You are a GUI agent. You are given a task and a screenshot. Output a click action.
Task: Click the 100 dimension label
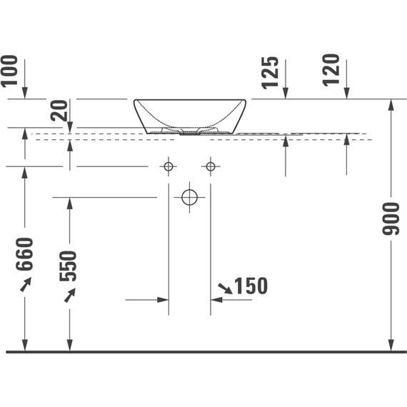9,72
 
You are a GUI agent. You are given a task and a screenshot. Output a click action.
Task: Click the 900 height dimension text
391,218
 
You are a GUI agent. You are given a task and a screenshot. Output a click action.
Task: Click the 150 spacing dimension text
250,286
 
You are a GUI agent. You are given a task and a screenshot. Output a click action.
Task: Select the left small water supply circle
169,166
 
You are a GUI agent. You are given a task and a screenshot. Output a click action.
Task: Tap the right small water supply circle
210,166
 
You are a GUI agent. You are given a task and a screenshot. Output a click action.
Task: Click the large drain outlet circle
189,196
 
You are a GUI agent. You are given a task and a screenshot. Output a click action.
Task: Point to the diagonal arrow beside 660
25,285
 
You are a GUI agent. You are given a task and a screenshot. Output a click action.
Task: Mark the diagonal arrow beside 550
69,295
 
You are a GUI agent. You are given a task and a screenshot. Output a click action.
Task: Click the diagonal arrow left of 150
224,287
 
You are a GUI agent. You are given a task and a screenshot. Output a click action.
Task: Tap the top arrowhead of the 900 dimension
391,104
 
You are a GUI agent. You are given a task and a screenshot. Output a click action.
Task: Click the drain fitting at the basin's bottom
190,132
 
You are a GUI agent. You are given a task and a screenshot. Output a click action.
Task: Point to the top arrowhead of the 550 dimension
69,203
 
